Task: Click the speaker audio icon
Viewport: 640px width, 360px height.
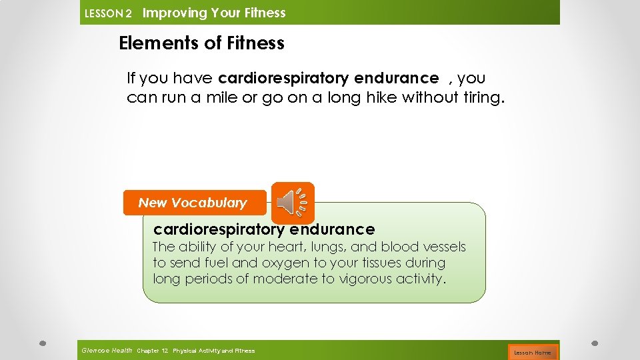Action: [x=293, y=203]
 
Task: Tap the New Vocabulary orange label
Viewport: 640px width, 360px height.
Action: [x=193, y=203]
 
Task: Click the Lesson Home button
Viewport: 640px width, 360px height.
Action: [x=532, y=352]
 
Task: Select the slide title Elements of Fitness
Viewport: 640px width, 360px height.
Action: [x=201, y=43]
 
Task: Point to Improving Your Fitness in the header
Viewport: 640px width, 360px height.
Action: [x=214, y=13]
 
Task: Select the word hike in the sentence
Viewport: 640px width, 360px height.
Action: [x=381, y=98]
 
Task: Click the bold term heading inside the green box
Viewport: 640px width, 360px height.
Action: [x=264, y=229]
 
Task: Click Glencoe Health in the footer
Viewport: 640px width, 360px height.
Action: [x=106, y=351]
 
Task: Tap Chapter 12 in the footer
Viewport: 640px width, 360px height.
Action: [x=152, y=351]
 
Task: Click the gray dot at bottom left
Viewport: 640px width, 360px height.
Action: [x=42, y=344]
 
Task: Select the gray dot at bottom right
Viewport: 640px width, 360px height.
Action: [x=595, y=344]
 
